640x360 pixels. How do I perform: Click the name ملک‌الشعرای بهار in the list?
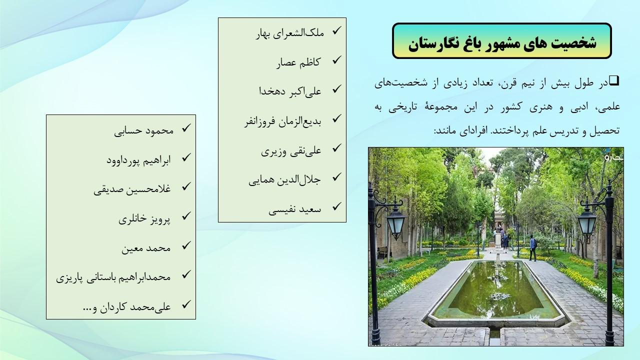coord(289,33)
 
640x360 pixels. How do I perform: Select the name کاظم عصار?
coord(298,62)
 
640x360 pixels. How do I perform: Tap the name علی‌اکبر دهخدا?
coord(290,91)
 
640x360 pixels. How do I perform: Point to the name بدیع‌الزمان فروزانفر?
coord(283,121)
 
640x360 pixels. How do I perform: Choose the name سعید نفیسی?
coord(294,209)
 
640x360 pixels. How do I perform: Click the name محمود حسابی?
coord(143,130)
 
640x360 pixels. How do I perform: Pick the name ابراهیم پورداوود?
coord(138,160)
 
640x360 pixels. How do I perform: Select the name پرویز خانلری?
coord(144,219)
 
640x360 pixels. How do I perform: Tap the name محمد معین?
coord(146,248)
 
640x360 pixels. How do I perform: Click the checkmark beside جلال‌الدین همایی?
coord(337,177)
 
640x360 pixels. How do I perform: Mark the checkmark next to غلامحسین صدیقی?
coord(186,186)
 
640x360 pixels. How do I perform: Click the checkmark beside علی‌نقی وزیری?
coord(337,147)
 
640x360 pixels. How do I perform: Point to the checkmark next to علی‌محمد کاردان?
coord(186,304)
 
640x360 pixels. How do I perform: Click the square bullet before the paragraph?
coord(614,81)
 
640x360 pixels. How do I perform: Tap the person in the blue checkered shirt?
coord(532,247)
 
